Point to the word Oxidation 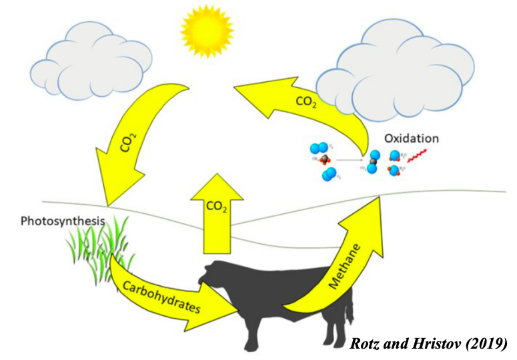click(x=412, y=139)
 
